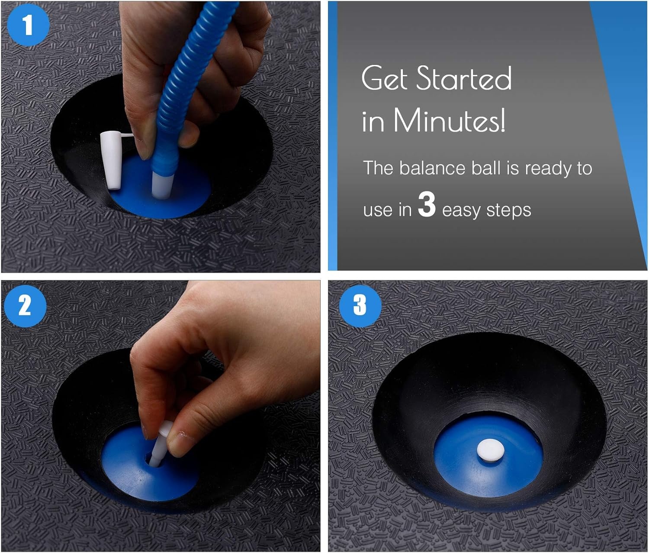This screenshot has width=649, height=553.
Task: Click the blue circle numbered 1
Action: (x=28, y=25)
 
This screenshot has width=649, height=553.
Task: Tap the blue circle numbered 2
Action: (x=25, y=305)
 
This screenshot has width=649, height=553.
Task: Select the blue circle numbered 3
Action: (x=360, y=305)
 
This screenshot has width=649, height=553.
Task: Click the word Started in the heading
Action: (x=464, y=78)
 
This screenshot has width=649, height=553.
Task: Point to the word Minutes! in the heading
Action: (x=449, y=120)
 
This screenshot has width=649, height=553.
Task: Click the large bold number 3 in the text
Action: (x=427, y=204)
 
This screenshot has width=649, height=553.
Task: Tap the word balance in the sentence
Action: (x=433, y=168)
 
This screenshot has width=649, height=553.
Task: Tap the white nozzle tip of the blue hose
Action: (x=163, y=185)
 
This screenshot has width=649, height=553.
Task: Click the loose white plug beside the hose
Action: (x=112, y=160)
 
